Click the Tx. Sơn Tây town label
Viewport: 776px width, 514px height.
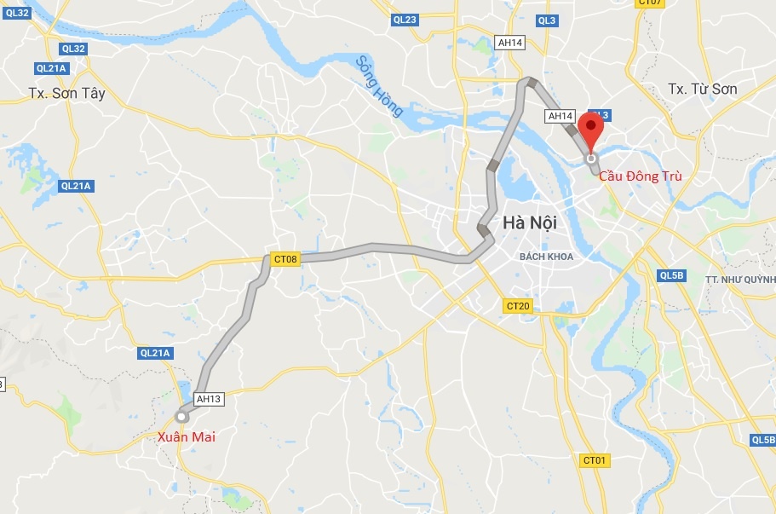coord(66,94)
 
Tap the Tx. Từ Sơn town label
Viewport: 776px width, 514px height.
coord(703,90)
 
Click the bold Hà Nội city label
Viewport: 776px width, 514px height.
coord(530,223)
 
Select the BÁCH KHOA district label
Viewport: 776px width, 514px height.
coord(547,256)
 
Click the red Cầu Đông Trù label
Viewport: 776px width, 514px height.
coord(640,176)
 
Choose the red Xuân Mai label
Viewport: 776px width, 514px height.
coord(187,436)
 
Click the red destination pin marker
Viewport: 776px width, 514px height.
coord(590,132)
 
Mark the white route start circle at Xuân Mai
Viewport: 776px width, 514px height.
coord(181,416)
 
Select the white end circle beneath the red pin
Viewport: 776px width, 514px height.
coord(590,158)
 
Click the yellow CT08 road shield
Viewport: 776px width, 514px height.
coord(286,258)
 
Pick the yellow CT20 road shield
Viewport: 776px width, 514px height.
coord(518,306)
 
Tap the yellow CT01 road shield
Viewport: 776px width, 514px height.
coord(595,460)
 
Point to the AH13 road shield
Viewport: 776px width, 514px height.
coord(209,398)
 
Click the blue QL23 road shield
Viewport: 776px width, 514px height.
coord(405,20)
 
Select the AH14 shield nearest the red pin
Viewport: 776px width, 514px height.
coord(560,116)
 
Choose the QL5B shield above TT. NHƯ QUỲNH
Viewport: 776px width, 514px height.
coord(671,274)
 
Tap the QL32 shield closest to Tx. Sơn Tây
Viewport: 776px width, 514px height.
coord(73,49)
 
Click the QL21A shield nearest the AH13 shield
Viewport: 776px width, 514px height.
coord(155,353)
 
